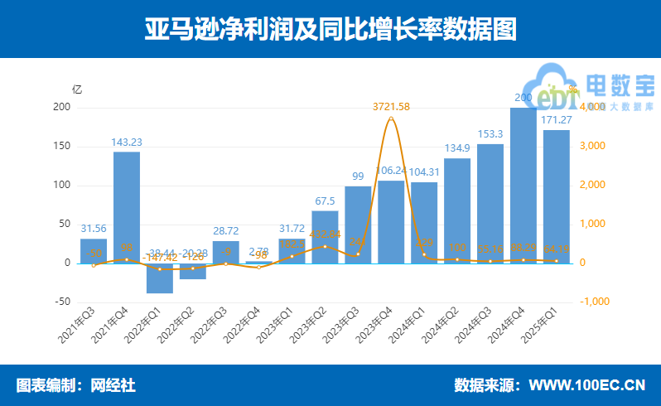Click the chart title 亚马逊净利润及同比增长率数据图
(330, 29)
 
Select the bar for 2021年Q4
(127, 207)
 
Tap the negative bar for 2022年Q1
(160, 278)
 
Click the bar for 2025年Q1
(556, 197)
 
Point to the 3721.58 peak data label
(391, 107)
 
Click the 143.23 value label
(127, 142)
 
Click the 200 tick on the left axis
(60, 108)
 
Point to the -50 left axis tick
(60, 302)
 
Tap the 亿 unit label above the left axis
(77, 89)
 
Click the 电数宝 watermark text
(620, 85)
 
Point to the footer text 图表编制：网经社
(75, 385)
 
